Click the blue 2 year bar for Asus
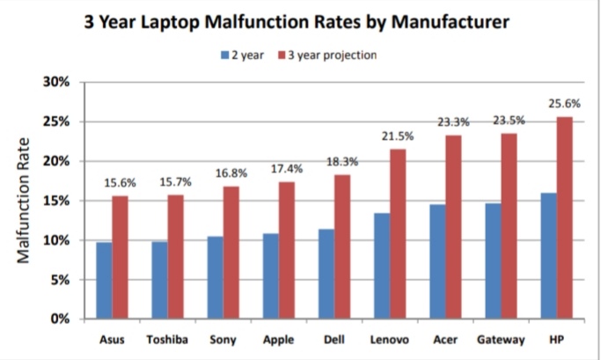coord(104,280)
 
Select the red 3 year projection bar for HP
coord(564,217)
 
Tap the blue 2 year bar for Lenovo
coord(381,265)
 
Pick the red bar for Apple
coord(287,250)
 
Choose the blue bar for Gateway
coord(493,261)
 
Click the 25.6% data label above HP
coord(564,103)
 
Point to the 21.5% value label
coord(398,136)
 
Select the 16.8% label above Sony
coord(231,173)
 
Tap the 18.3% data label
coord(342,162)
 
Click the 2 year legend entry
coord(245,55)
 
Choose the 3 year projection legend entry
coord(327,55)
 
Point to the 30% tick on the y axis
coord(57,82)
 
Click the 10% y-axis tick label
coord(57,240)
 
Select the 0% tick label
coord(61,319)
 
